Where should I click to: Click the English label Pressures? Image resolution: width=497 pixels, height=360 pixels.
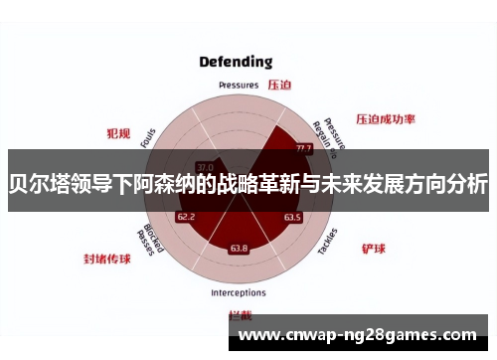coord(239,86)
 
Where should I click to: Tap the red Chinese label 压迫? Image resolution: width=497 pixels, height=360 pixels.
coord(279,85)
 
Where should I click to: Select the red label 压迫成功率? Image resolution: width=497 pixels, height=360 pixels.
coord(385,118)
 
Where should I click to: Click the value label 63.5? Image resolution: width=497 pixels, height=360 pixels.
coord(292,217)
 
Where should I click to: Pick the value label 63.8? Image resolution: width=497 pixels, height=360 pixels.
coord(239,248)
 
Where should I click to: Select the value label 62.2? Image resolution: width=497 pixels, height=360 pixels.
coord(186,216)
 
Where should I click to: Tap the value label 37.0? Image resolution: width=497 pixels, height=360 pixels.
coord(205,166)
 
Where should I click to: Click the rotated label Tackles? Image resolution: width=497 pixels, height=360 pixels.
coord(328,241)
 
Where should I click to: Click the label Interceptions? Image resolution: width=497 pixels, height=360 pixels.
coord(238,293)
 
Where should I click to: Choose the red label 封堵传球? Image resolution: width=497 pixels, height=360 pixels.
coord(106,258)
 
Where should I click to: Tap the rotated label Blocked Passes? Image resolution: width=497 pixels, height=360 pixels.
coord(144,240)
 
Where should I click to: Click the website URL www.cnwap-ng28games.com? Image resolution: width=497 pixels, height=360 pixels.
coord(359,335)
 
